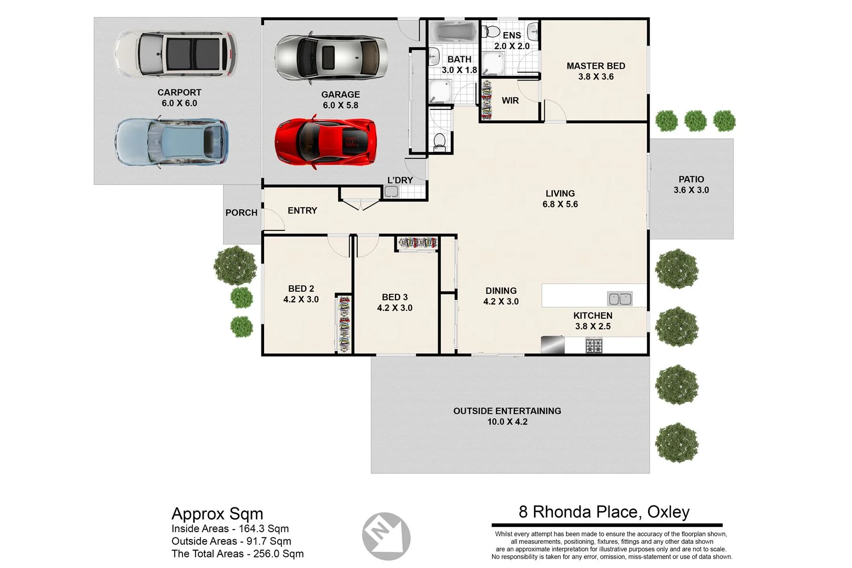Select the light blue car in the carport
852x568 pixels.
pyautogui.click(x=171, y=143)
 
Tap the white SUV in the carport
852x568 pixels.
pyautogui.click(x=176, y=54)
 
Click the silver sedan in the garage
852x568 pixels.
pyautogui.click(x=331, y=57)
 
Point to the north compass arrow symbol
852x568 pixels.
pyautogui.click(x=386, y=536)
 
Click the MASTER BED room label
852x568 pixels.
pyautogui.click(x=595, y=66)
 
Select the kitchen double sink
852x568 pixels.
pyautogui.click(x=620, y=299)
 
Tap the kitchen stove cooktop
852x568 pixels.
pyautogui.click(x=594, y=346)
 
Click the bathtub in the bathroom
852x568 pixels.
pyautogui.click(x=455, y=32)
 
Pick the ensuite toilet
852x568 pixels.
pyautogui.click(x=491, y=32)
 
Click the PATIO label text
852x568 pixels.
pyautogui.click(x=691, y=179)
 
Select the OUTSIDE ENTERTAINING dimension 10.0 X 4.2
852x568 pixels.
pyautogui.click(x=507, y=422)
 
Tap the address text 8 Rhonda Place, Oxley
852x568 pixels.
pyautogui.click(x=604, y=512)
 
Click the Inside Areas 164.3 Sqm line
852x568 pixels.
pyautogui.click(x=230, y=529)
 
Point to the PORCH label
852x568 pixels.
pyautogui.click(x=241, y=212)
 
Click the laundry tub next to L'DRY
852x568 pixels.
pyautogui.click(x=391, y=192)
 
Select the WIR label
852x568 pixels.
pyautogui.click(x=510, y=100)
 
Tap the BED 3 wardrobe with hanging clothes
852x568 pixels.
pyautogui.click(x=418, y=243)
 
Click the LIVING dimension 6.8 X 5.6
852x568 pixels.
pyautogui.click(x=560, y=204)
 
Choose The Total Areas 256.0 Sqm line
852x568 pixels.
pyautogui.click(x=237, y=553)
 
